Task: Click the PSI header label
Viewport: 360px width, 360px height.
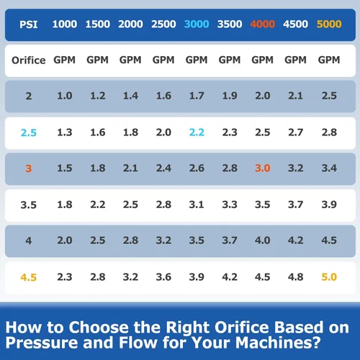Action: [29, 24]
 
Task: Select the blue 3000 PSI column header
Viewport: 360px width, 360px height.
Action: [197, 24]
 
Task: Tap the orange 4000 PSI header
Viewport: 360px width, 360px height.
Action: [263, 24]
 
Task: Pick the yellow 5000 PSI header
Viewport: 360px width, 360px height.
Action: [329, 24]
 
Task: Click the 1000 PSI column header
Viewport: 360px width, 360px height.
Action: [65, 24]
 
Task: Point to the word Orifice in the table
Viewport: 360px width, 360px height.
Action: [29, 60]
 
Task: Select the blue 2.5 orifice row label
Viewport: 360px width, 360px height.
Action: [29, 132]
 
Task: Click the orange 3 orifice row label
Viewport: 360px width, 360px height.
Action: [29, 168]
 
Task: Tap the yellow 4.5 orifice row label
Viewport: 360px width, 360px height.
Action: [29, 277]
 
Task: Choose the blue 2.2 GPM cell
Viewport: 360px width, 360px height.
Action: [197, 132]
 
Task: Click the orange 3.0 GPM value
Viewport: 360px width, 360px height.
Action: [263, 168]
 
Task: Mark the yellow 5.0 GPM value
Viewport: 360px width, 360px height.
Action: [329, 277]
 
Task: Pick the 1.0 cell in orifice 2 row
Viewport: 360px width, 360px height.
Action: [65, 96]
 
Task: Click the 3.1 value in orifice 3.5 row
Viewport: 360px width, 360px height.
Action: [197, 204]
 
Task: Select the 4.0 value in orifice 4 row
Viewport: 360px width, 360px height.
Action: [263, 240]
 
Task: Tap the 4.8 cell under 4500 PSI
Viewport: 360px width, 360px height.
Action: [295, 277]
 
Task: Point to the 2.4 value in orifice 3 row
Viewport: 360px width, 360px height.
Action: [163, 168]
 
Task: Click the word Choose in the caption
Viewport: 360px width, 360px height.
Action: [99, 328]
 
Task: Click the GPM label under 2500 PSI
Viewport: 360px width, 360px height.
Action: [163, 60]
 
